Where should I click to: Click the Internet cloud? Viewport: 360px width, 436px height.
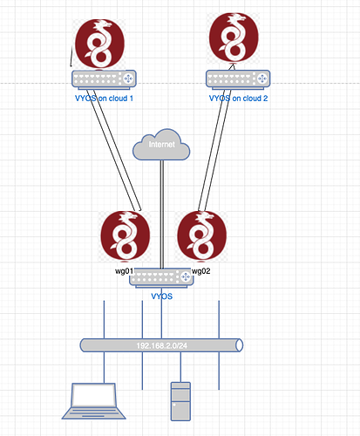(x=161, y=145)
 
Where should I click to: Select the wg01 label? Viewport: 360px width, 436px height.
(x=124, y=271)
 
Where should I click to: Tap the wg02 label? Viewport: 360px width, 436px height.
(x=201, y=271)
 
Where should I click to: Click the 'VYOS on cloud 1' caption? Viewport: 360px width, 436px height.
(x=104, y=99)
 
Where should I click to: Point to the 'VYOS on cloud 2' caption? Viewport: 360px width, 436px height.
(x=238, y=99)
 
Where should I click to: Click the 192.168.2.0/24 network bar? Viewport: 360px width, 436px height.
(x=161, y=345)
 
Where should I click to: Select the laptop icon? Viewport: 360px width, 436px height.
(x=93, y=401)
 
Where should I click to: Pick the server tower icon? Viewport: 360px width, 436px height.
(x=180, y=401)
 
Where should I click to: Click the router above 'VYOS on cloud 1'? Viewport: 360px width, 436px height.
(x=104, y=79)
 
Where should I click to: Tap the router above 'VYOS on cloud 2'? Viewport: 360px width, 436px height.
(x=238, y=79)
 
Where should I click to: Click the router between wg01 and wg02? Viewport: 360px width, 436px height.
(x=161, y=278)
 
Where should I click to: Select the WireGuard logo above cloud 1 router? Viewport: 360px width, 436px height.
(x=99, y=44)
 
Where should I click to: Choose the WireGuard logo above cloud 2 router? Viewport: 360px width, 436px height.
(x=234, y=37)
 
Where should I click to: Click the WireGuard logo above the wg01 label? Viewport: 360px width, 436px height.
(x=126, y=235)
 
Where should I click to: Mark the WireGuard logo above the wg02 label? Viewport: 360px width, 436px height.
(x=202, y=235)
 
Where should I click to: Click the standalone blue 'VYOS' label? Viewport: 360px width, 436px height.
(x=162, y=296)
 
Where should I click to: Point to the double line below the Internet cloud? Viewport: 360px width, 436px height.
(x=162, y=215)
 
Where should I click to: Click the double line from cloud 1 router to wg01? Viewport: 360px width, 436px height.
(x=115, y=153)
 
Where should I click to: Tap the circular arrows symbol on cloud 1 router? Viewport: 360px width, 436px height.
(x=128, y=78)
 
